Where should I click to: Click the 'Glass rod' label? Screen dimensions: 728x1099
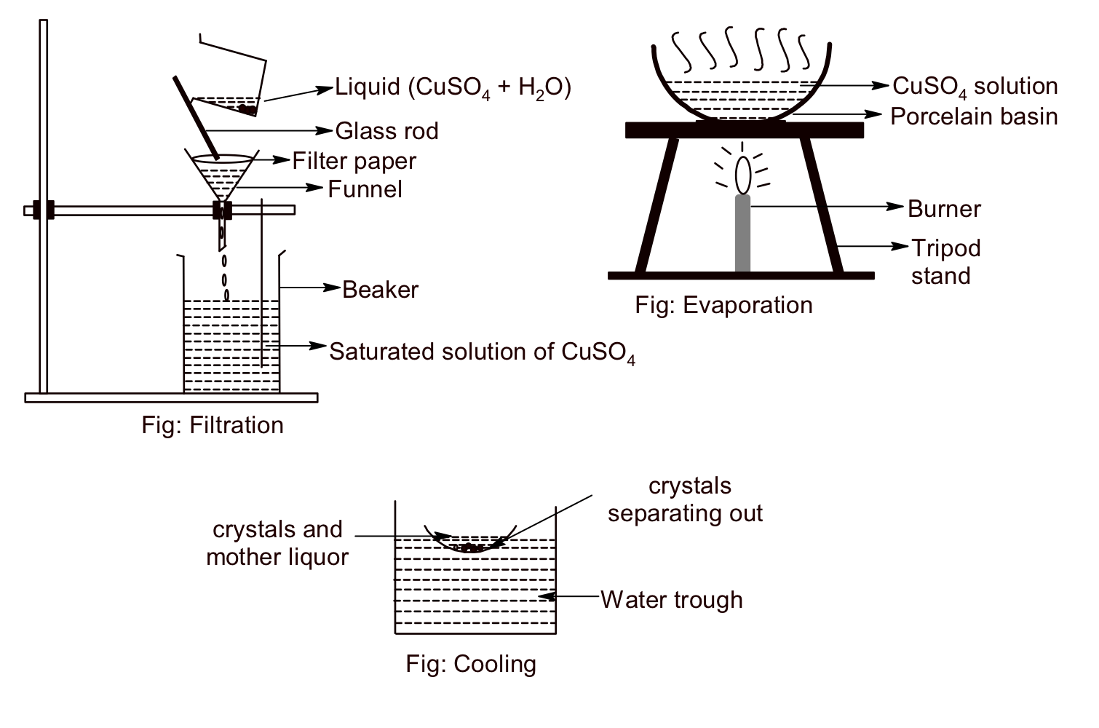click(386, 131)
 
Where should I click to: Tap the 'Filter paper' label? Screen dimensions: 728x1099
click(354, 161)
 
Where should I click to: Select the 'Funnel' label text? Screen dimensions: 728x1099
click(365, 189)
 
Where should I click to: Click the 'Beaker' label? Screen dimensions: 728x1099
click(380, 290)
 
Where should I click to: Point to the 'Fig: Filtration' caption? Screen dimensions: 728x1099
click(213, 425)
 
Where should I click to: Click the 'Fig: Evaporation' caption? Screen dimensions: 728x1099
click(723, 304)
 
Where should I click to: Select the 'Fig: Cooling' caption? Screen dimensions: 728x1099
click(471, 664)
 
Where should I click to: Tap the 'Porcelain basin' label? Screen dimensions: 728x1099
click(973, 116)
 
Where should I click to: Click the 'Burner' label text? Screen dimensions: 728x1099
click(944, 209)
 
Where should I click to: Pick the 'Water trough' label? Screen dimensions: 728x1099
click(671, 600)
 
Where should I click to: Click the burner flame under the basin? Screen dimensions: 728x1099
click(742, 173)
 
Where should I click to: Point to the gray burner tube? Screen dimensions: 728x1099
click(742, 233)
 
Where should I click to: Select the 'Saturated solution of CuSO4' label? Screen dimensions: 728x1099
click(482, 352)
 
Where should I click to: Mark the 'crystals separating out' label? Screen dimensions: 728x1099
click(685, 499)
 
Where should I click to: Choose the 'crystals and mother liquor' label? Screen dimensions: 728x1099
click(277, 543)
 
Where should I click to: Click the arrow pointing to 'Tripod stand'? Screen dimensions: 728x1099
click(873, 247)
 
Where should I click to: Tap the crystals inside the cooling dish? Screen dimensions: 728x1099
click(469, 547)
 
